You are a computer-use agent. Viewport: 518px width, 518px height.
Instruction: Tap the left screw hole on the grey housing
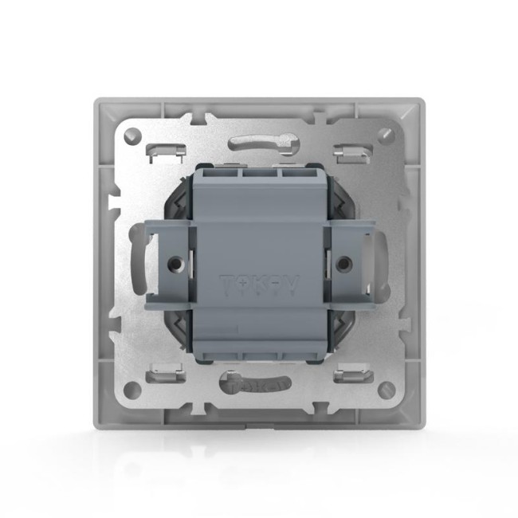173,261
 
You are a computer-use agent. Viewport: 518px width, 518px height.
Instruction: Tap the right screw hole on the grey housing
344,261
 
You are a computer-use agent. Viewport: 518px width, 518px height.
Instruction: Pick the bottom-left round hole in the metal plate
131,390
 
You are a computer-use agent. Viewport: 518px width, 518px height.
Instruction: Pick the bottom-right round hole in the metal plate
387,390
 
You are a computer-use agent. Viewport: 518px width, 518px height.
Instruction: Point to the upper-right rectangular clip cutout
349,149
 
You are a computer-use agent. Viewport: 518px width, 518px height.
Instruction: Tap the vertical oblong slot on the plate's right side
382,259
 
